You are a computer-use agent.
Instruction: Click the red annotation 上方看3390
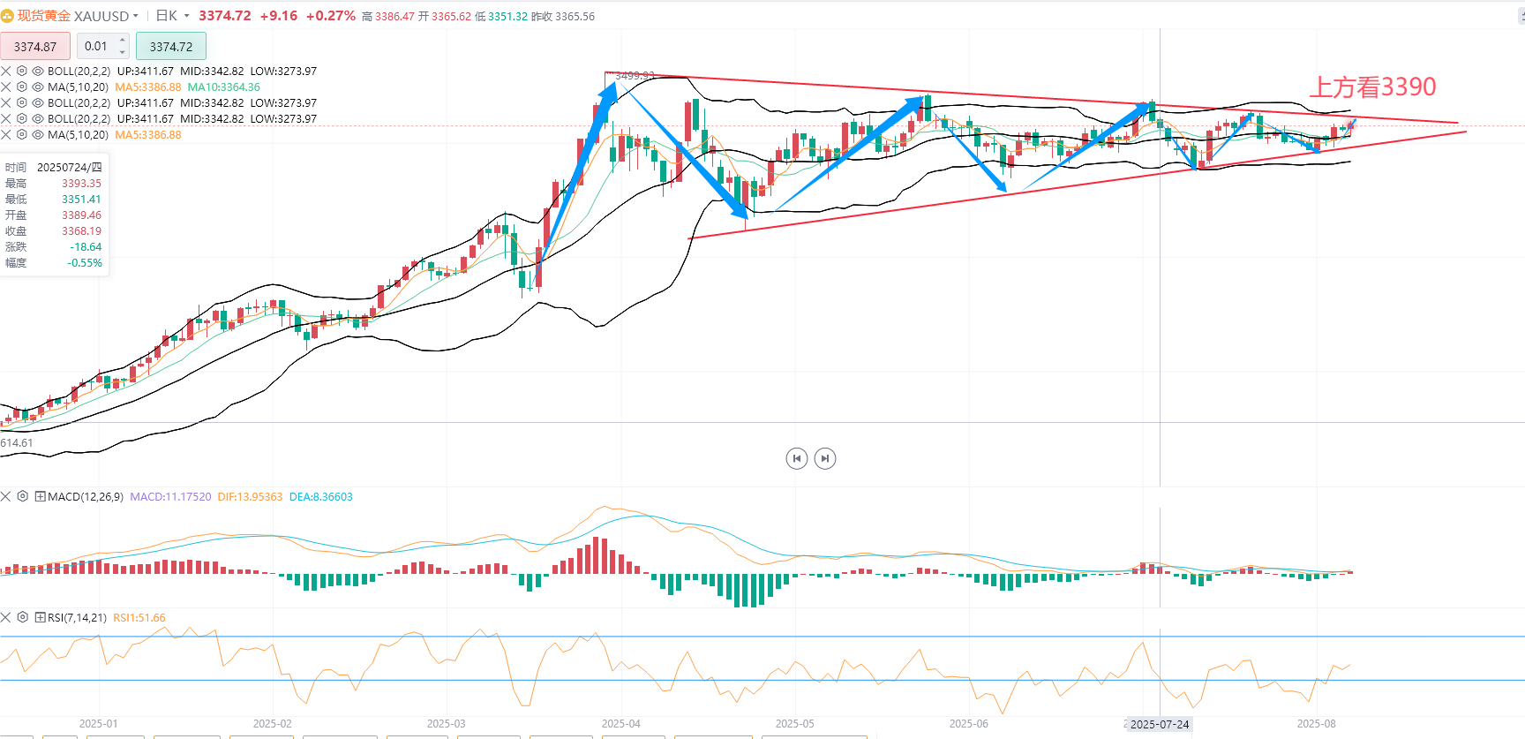point(1372,87)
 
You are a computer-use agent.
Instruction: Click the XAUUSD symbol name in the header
point(101,16)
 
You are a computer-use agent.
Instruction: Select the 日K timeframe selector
point(168,16)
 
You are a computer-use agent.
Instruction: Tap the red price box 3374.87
point(35,47)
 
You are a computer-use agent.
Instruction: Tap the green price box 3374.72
point(171,47)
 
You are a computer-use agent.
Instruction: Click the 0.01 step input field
point(96,46)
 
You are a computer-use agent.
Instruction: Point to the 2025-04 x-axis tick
point(620,723)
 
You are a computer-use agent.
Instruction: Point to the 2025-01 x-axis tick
point(98,723)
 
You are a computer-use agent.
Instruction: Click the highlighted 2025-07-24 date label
point(1160,724)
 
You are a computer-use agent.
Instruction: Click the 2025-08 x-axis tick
point(1316,723)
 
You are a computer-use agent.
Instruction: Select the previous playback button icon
point(797,458)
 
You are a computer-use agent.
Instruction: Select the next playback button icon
point(825,458)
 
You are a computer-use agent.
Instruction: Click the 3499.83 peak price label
point(635,76)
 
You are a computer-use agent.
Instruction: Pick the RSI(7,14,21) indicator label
point(77,618)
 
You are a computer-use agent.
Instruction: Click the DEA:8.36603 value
point(321,497)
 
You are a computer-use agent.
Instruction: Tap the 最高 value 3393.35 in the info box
point(81,184)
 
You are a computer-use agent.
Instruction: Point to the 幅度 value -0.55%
point(85,263)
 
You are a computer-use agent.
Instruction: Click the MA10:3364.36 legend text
point(224,87)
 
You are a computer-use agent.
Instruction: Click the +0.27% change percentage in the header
point(331,16)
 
